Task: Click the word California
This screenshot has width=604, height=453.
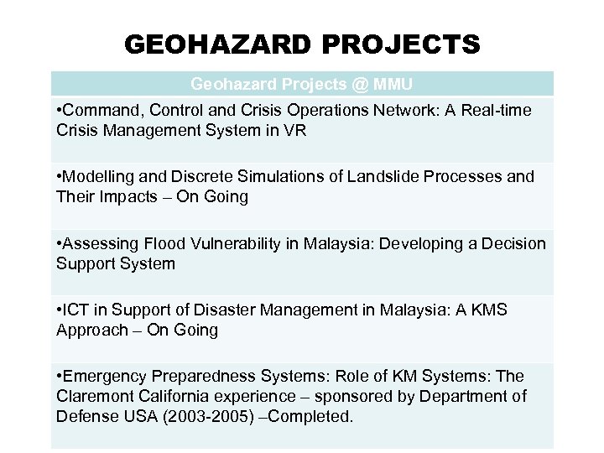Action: click(171, 397)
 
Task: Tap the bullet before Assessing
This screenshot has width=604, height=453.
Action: click(59, 244)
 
